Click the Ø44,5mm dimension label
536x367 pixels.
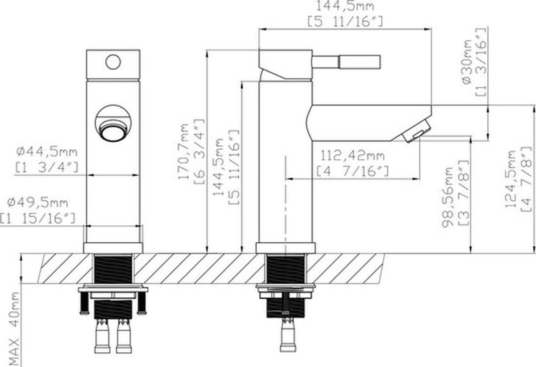pyautogui.click(x=47, y=152)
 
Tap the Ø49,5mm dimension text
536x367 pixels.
pyautogui.click(x=38, y=203)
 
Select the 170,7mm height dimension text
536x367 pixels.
pyautogui.click(x=184, y=151)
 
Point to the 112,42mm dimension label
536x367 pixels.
pyautogui.click(x=352, y=156)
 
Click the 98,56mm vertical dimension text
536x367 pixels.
pyautogui.click(x=448, y=197)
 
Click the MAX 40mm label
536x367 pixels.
pyautogui.click(x=15, y=329)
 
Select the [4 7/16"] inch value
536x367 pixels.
pyautogui.click(x=352, y=171)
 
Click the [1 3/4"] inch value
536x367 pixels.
pyautogui.click(x=47, y=167)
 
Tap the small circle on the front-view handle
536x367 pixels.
pyautogui.click(x=113, y=62)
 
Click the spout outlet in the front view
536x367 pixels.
pyautogui.click(x=113, y=131)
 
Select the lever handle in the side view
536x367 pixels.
pyautogui.click(x=347, y=62)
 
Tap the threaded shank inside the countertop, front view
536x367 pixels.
pyautogui.click(x=113, y=269)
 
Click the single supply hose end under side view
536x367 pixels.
pyautogui.click(x=288, y=335)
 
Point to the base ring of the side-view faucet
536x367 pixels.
pyautogui.click(x=286, y=248)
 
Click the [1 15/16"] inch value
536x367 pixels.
pyautogui.click(x=38, y=218)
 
